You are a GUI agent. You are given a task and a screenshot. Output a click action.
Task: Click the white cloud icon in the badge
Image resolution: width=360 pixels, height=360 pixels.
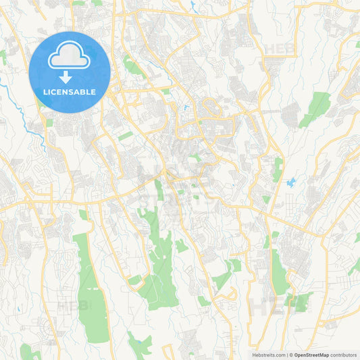tap(70, 57)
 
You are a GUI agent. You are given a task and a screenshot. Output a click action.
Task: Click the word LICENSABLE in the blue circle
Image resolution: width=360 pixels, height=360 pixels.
tap(70, 91)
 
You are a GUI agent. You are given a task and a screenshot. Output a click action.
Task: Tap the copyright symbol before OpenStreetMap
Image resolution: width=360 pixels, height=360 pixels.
tap(291, 354)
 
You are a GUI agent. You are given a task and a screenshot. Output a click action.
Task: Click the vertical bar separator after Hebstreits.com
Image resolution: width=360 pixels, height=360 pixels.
tap(286, 354)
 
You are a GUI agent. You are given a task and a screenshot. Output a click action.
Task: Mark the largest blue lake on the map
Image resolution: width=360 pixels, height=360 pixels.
tap(292, 183)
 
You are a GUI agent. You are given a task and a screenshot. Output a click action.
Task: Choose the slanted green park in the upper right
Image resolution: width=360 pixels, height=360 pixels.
tap(316, 108)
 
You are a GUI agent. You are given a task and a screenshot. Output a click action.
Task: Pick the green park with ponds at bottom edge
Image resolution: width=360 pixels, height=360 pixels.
tap(140, 346)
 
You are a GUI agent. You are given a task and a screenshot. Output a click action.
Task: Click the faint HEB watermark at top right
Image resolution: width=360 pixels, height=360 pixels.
tap(279, 49)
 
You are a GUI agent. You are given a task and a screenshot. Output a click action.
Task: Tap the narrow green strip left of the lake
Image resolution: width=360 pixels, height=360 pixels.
tap(278, 168)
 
